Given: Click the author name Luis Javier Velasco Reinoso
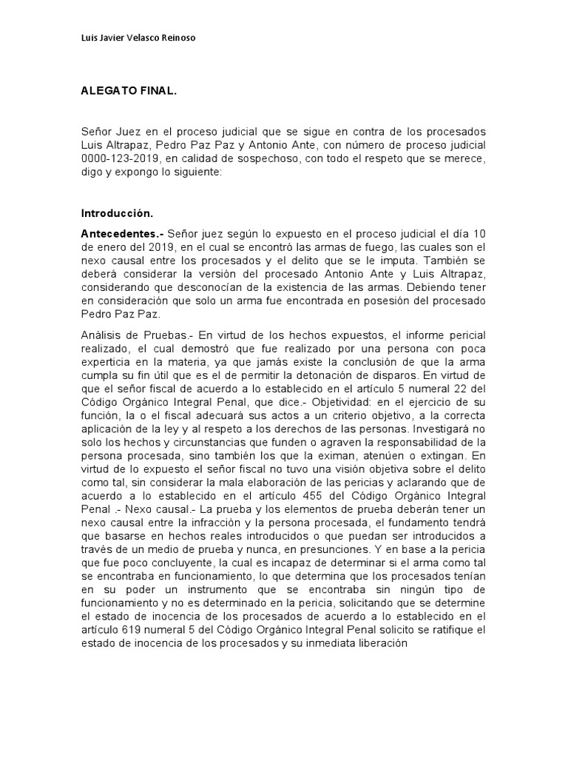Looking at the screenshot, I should click(x=138, y=38).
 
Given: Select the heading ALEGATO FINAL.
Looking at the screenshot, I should click(x=129, y=92).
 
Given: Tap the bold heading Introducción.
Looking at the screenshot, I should click(x=117, y=213).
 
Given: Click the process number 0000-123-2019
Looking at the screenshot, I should click(x=121, y=159).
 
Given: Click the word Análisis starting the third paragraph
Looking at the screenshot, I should click(x=102, y=335).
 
